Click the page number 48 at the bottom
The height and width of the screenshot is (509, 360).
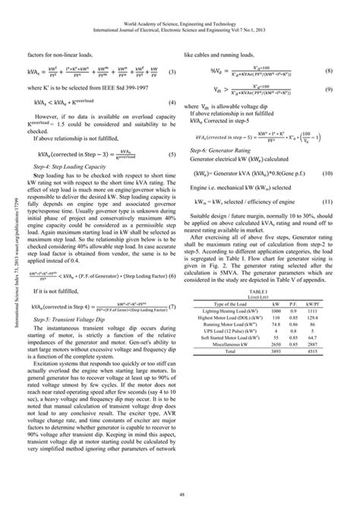coord(180,495)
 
